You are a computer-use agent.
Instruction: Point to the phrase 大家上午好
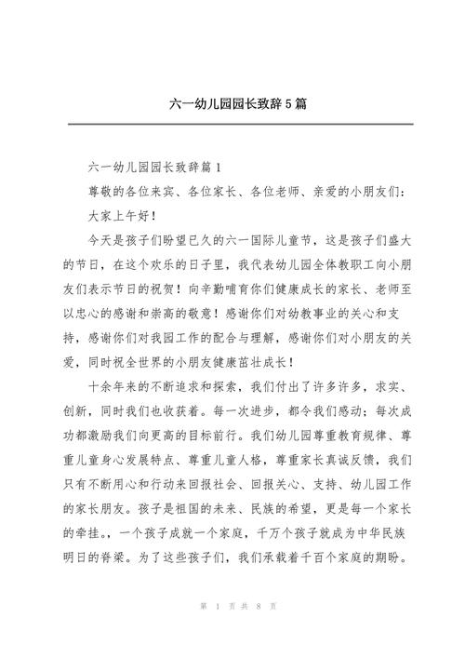123,215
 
